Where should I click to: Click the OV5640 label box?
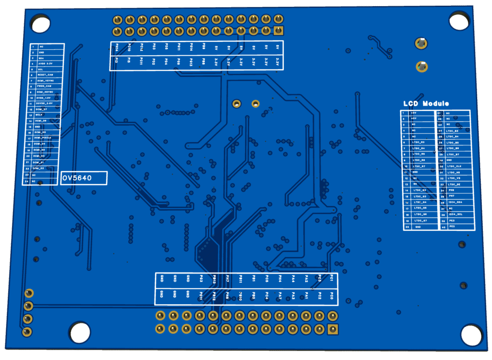[84, 178]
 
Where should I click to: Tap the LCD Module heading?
[426, 104]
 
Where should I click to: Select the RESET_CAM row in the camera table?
[46, 75]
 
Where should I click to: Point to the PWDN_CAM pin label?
[46, 86]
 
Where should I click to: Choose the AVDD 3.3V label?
[46, 63]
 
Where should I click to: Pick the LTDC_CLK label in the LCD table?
[454, 166]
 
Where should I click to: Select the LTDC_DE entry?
[454, 184]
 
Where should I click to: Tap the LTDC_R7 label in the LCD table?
[419, 166]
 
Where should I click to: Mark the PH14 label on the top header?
[117, 48]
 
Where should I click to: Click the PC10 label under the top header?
[129, 48]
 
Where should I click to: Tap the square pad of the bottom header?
[332, 329]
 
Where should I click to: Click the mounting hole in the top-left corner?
[40, 23]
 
